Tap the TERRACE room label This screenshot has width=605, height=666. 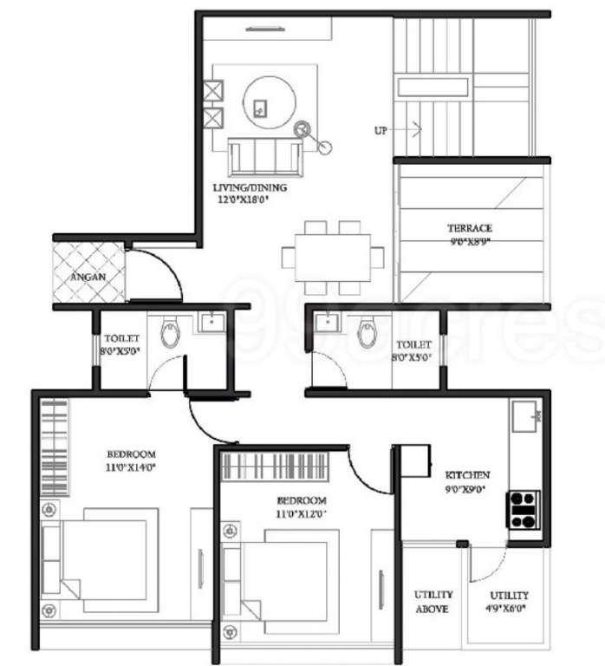(470, 229)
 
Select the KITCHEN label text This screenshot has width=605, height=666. (467, 475)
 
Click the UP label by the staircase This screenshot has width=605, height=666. (381, 131)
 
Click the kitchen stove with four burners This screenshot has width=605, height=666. (524, 509)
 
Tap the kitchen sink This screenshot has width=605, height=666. (524, 419)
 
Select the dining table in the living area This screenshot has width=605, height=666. (332, 258)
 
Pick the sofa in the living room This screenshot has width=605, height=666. (264, 157)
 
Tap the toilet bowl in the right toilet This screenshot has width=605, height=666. (368, 334)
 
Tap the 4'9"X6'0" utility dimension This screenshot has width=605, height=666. (508, 609)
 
